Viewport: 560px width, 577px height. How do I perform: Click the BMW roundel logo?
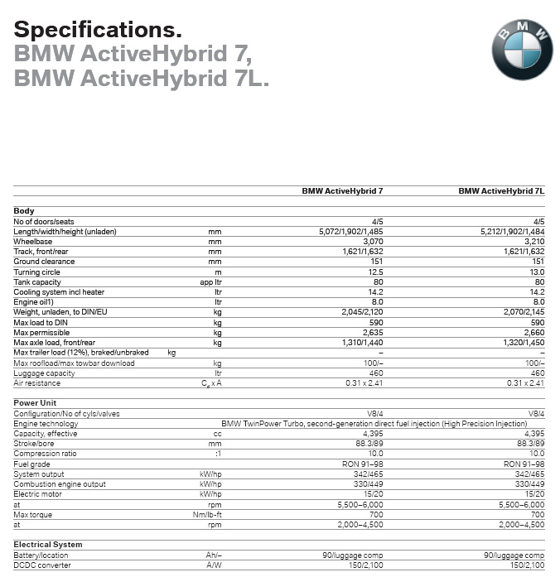522,49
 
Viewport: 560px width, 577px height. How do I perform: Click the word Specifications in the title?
98,31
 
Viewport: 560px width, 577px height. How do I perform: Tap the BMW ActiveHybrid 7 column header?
342,191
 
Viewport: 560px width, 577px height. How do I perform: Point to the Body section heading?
24,211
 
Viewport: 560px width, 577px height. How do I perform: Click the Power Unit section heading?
35,403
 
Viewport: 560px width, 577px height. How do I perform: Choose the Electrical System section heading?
48,545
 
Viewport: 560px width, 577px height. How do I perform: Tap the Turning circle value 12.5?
375,272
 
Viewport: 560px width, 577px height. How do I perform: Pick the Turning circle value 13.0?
537,272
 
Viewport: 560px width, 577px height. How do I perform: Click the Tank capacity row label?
37,282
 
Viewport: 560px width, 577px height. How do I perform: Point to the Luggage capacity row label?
44,373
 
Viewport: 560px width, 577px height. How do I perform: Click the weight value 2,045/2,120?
362,313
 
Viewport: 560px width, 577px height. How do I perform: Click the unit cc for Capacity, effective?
218,434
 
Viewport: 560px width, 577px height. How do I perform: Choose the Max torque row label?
32,515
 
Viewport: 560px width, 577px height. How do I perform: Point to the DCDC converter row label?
42,565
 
